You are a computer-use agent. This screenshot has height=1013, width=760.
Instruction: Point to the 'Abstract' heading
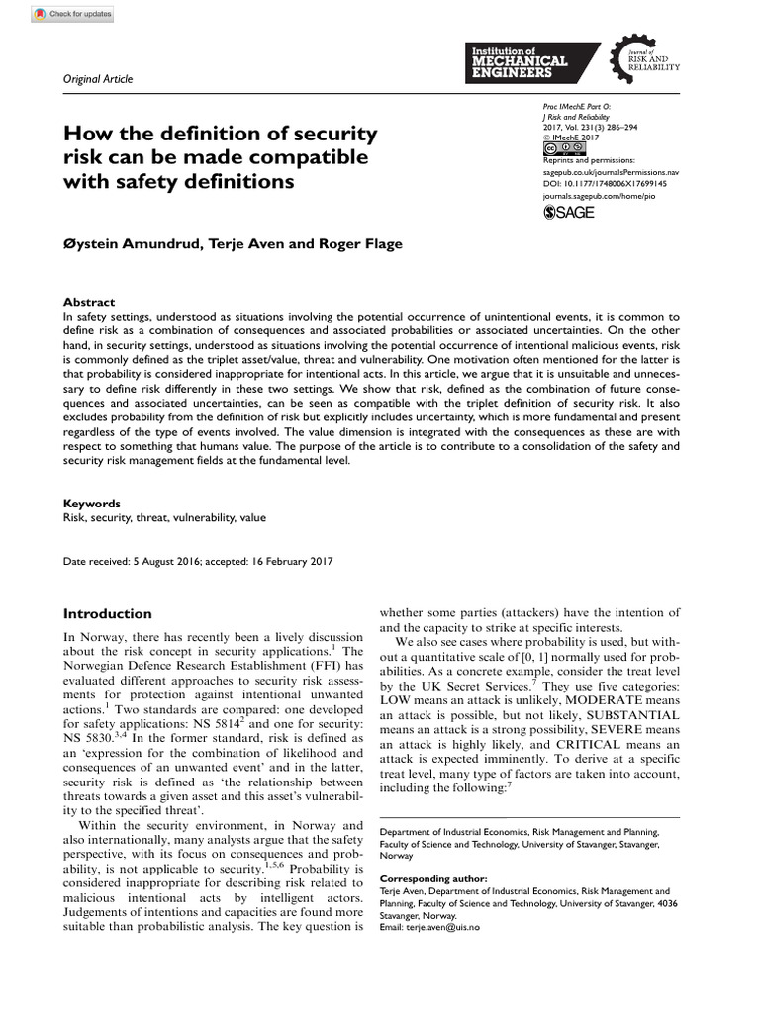click(x=89, y=302)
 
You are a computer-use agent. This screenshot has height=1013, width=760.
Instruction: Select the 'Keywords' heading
click(x=92, y=504)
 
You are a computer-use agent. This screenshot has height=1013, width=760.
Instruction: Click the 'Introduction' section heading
click(x=108, y=613)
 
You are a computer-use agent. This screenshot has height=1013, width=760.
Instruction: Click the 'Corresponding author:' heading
click(x=433, y=878)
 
